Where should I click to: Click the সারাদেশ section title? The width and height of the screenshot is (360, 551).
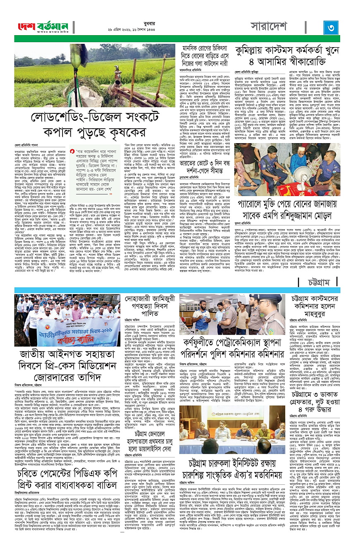(269, 27)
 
